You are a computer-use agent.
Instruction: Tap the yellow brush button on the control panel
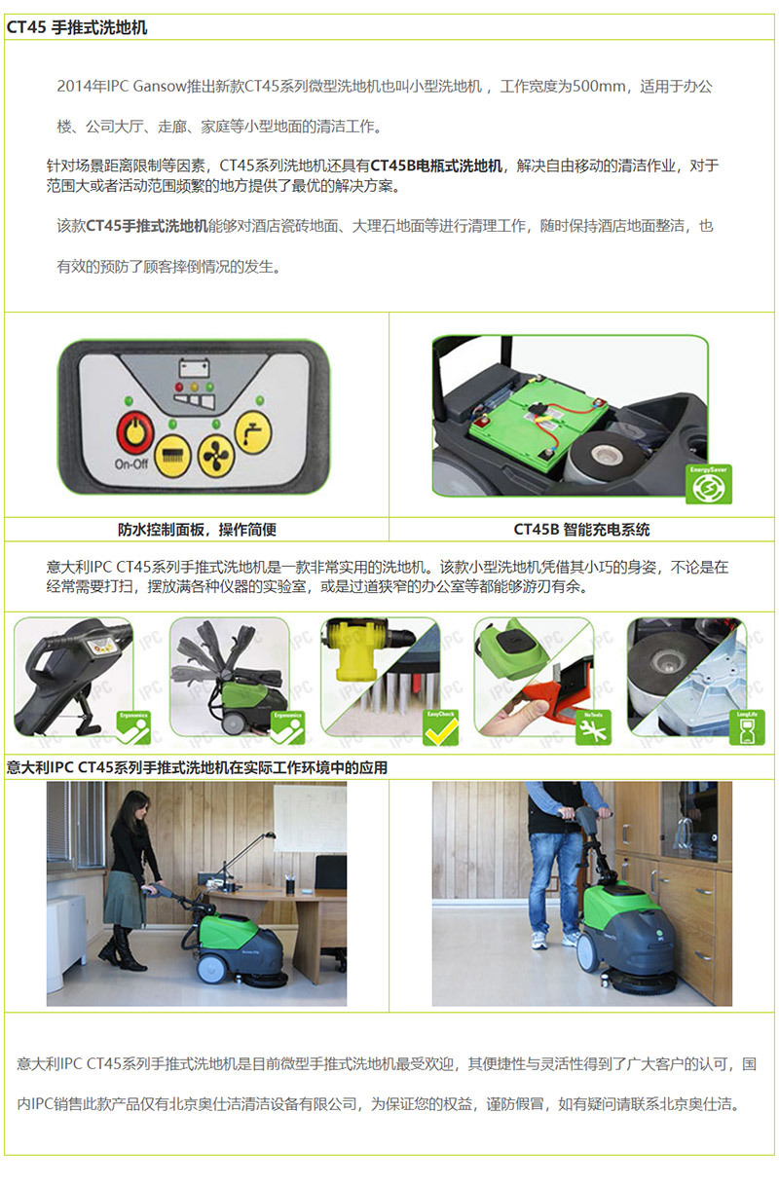coord(172,456)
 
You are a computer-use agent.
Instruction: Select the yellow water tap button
coord(253,433)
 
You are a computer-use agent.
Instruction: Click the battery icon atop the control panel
coord(194,367)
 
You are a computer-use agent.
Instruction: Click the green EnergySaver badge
coord(709,485)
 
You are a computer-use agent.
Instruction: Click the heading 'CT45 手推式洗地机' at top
coord(77,27)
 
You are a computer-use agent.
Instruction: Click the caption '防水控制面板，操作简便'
coord(197,530)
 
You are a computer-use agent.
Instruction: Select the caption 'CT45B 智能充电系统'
coord(581,530)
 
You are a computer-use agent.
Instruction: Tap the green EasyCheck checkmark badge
coord(440,728)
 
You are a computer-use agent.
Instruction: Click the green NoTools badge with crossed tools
coord(593,728)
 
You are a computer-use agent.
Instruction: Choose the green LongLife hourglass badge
coord(747,728)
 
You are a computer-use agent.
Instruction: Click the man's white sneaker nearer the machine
coord(571,940)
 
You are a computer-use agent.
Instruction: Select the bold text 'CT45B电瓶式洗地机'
coord(436,166)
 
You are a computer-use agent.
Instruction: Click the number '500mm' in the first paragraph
coord(599,86)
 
